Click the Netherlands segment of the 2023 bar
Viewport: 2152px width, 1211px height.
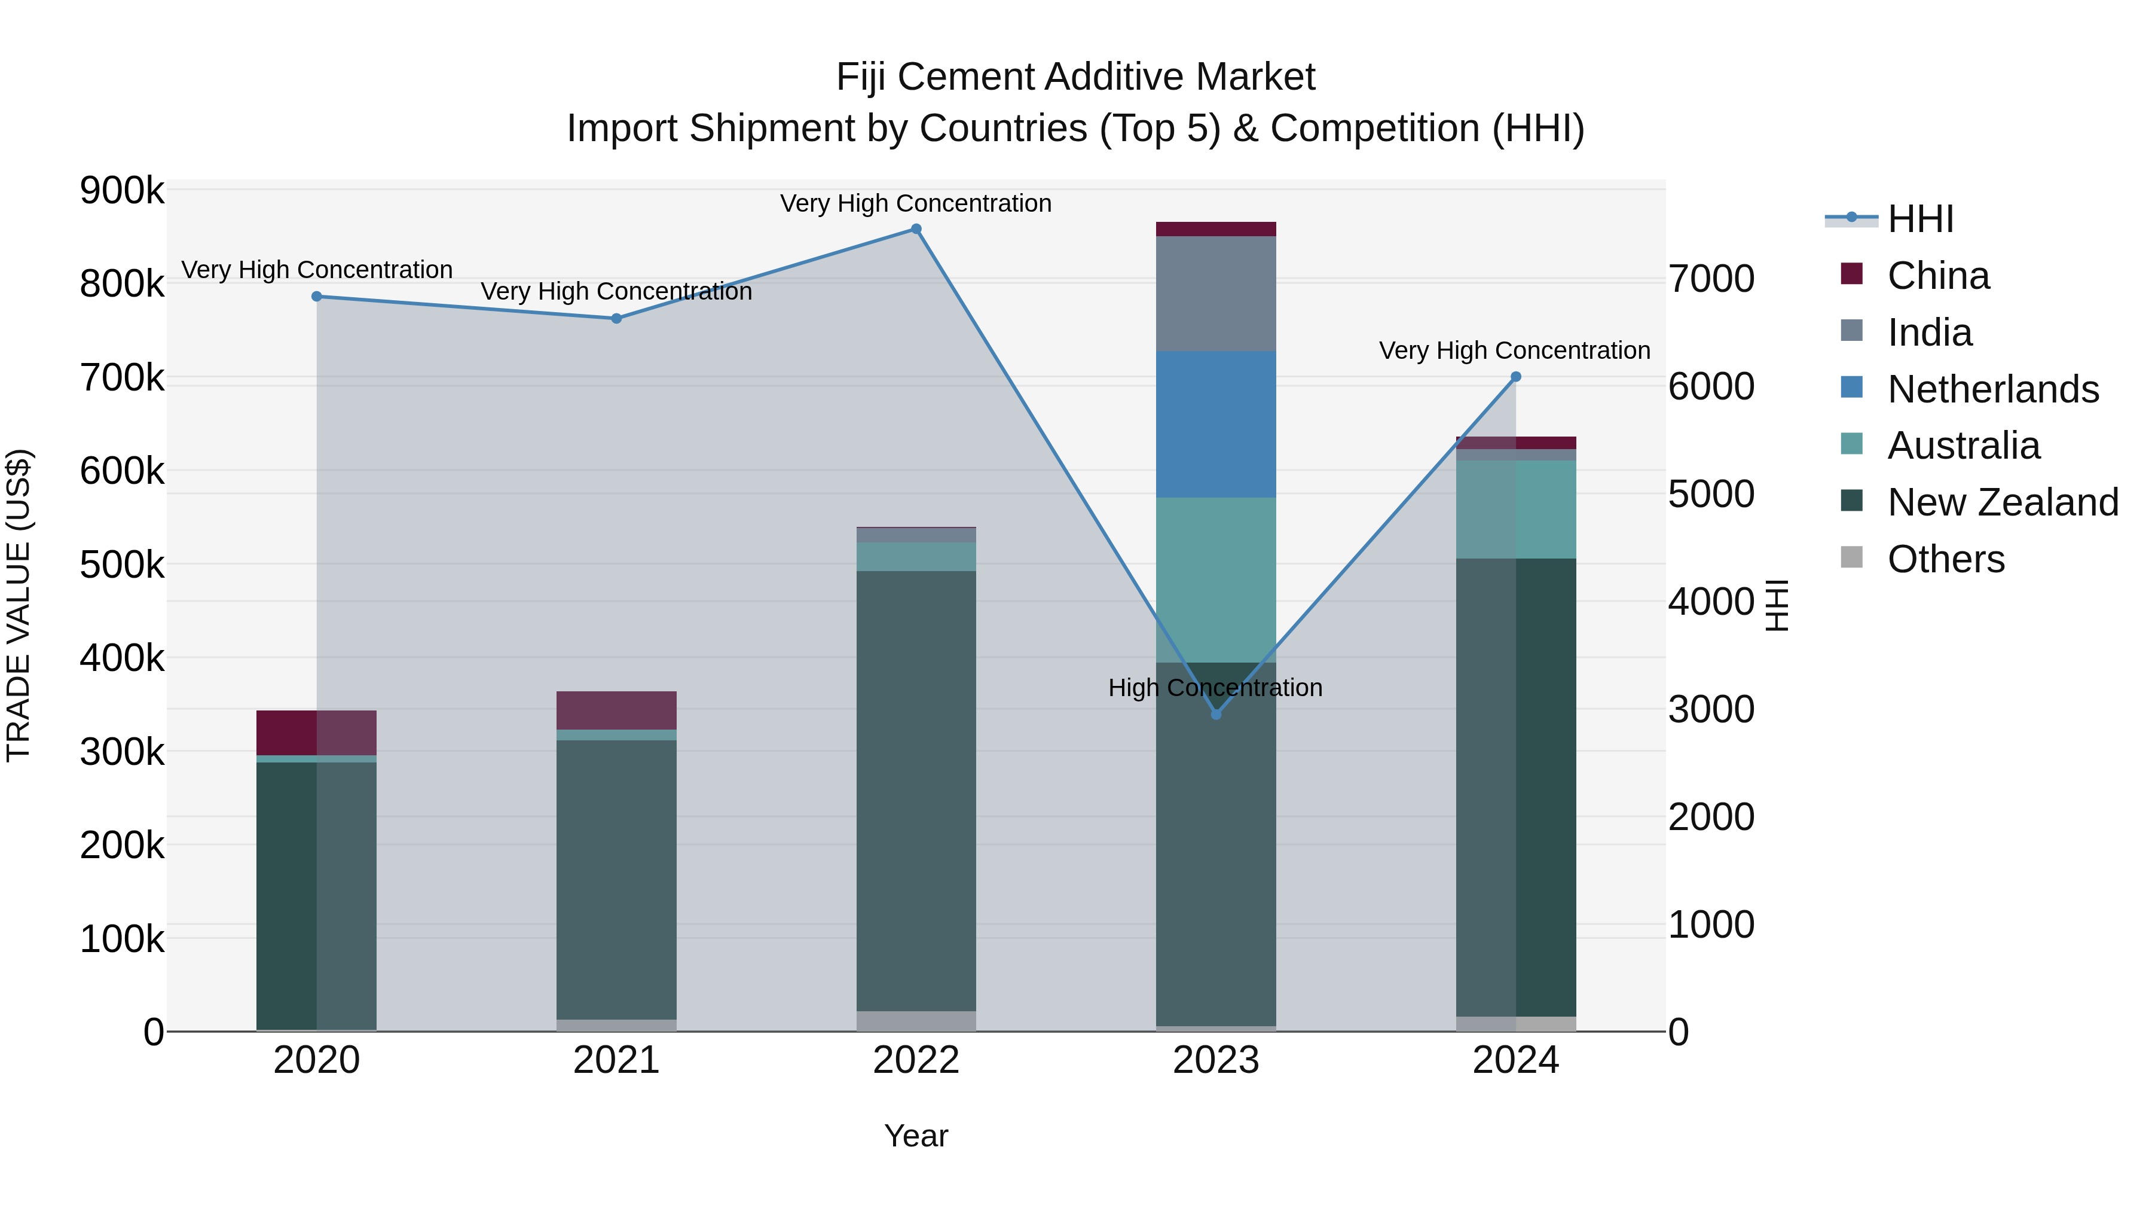pyautogui.click(x=1215, y=425)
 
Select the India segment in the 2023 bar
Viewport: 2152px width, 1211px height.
pyautogui.click(x=1215, y=294)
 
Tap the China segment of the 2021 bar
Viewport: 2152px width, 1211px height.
pyautogui.click(x=616, y=710)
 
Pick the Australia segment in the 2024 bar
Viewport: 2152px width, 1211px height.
pyautogui.click(x=1515, y=509)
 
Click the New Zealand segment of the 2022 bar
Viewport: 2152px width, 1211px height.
pyautogui.click(x=916, y=791)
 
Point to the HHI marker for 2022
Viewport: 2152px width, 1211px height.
pyautogui.click(x=916, y=229)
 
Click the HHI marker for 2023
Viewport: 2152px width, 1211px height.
pyautogui.click(x=1215, y=715)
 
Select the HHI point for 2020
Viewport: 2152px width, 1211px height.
pyautogui.click(x=317, y=297)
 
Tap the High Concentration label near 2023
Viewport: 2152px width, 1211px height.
pyautogui.click(x=1215, y=688)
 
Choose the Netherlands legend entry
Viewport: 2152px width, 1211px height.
pyautogui.click(x=1992, y=389)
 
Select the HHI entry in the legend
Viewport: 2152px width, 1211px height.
pyautogui.click(x=1919, y=219)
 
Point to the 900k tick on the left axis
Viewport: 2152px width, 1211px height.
pyautogui.click(x=122, y=191)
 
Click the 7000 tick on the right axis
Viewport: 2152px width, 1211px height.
pyautogui.click(x=1711, y=279)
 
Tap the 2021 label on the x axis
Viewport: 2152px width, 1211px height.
pyautogui.click(x=616, y=1060)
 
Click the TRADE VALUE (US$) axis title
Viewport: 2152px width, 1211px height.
pyautogui.click(x=19, y=605)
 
